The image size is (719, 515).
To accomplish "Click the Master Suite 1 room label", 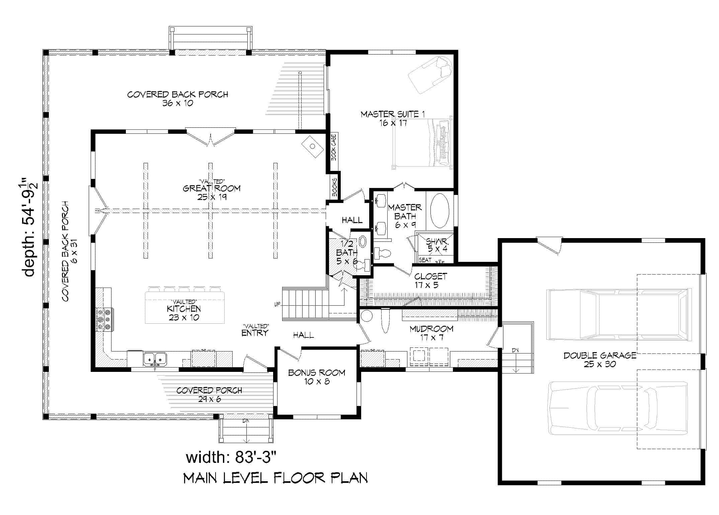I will click(x=393, y=118).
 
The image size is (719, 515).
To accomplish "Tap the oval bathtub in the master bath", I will click(x=439, y=211).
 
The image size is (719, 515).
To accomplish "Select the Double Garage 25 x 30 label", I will click(x=600, y=360).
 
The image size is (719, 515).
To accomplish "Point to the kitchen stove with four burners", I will click(x=104, y=319).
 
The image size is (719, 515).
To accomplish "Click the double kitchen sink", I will click(x=155, y=359).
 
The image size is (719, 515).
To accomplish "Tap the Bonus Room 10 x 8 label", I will click(x=317, y=377).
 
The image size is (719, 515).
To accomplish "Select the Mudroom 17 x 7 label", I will click(x=431, y=333).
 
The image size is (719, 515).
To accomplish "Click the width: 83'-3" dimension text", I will click(x=231, y=457).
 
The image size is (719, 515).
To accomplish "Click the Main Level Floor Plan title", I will click(x=275, y=478).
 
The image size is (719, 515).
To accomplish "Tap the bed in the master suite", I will click(x=422, y=143).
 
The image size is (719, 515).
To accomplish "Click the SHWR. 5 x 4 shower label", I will click(x=437, y=245).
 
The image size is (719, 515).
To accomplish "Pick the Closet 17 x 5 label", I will click(x=430, y=280).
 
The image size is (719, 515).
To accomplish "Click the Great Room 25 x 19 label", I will click(x=212, y=192).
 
